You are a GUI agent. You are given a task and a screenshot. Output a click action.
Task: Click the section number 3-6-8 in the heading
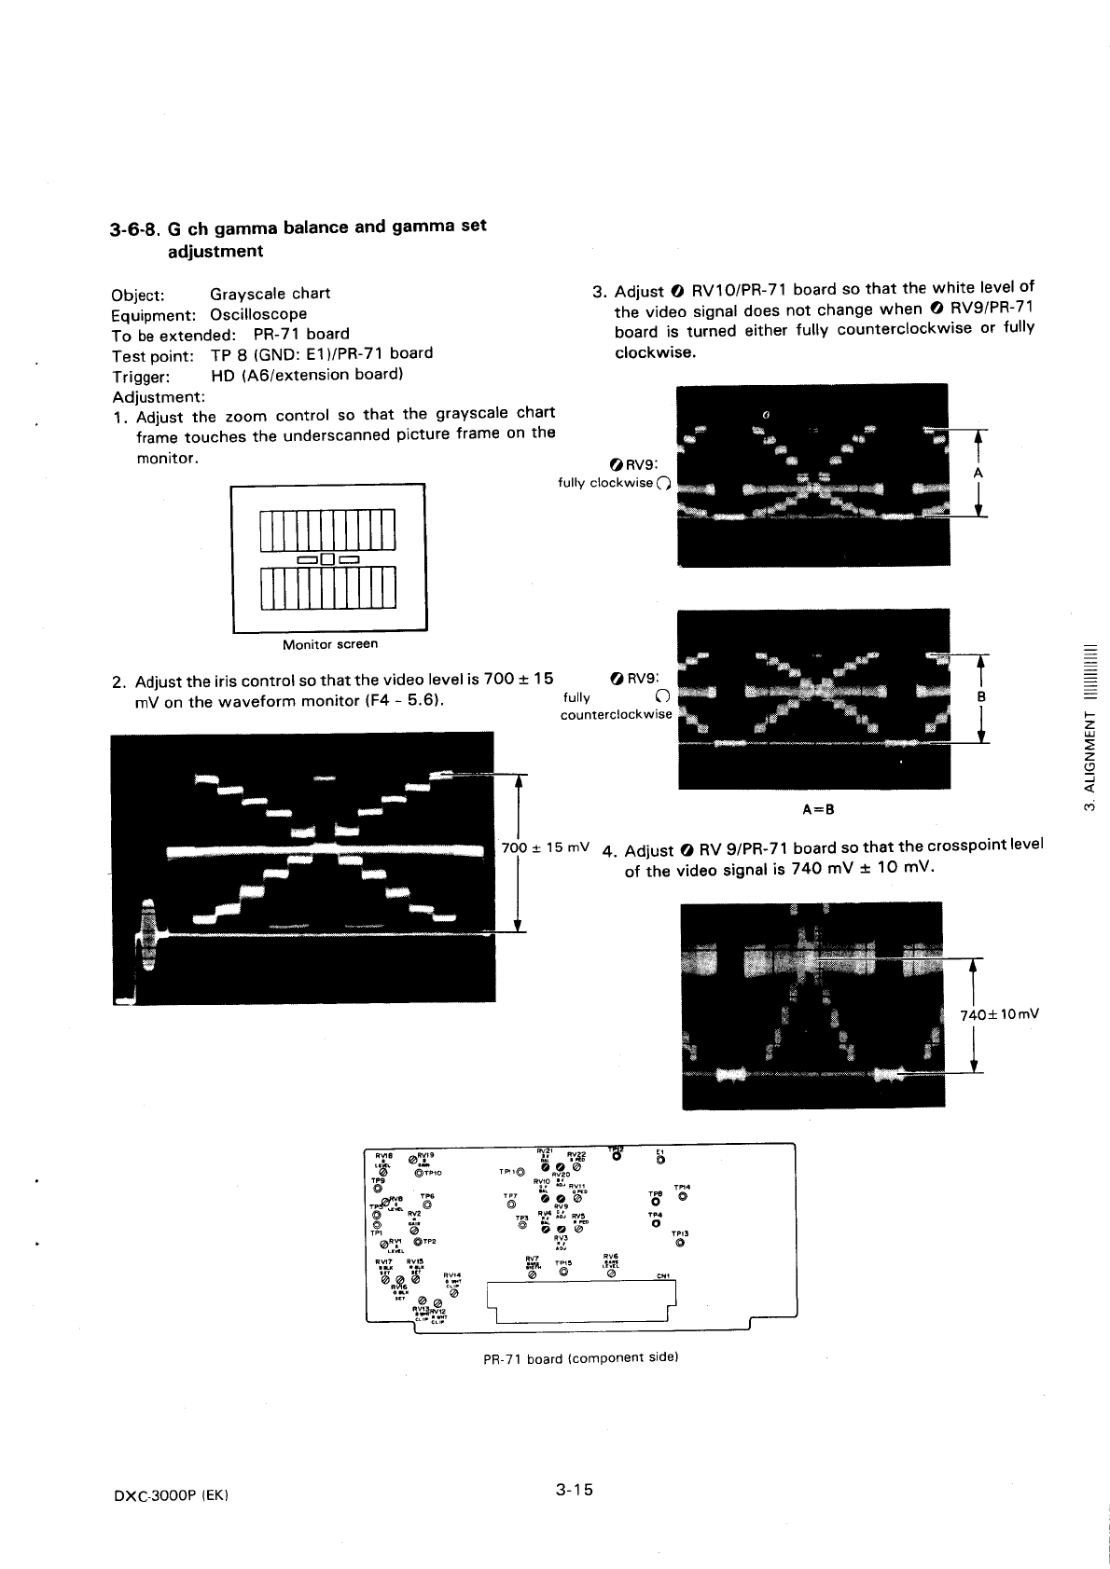click(x=133, y=227)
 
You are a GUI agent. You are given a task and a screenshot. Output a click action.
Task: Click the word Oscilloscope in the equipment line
click(x=257, y=314)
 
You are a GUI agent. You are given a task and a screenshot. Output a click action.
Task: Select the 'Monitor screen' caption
click(x=330, y=644)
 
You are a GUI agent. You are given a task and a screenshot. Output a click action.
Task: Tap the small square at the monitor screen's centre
click(x=327, y=559)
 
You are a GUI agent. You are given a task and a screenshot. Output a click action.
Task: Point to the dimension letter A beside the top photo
click(x=978, y=474)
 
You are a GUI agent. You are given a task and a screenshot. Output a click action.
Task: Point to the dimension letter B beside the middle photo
click(x=979, y=697)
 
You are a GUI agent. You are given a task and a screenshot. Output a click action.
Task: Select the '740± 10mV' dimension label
click(x=1000, y=1014)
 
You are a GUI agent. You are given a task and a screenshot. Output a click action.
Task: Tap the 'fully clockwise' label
click(x=604, y=483)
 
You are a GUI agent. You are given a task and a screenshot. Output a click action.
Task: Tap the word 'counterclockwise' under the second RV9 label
click(x=616, y=715)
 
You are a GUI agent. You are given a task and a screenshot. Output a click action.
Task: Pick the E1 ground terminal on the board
click(x=659, y=1159)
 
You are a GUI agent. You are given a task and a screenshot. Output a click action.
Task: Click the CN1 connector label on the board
click(x=663, y=1276)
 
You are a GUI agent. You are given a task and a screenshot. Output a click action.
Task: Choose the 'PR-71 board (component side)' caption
click(x=579, y=1358)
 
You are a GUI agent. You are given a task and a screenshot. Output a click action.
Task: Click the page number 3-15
click(x=574, y=1490)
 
